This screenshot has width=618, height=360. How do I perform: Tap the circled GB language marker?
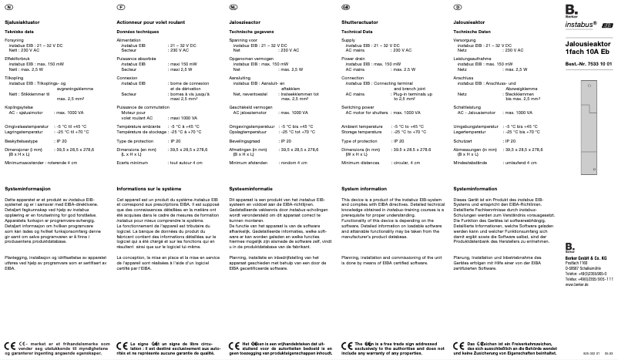(x=345, y=6)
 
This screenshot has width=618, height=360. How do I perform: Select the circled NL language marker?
(x=233, y=6)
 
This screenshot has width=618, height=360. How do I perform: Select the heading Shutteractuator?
(x=360, y=23)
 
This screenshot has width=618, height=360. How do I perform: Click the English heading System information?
(x=363, y=188)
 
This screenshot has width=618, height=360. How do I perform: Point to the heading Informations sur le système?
(x=146, y=188)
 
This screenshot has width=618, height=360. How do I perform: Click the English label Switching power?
(x=358, y=107)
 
